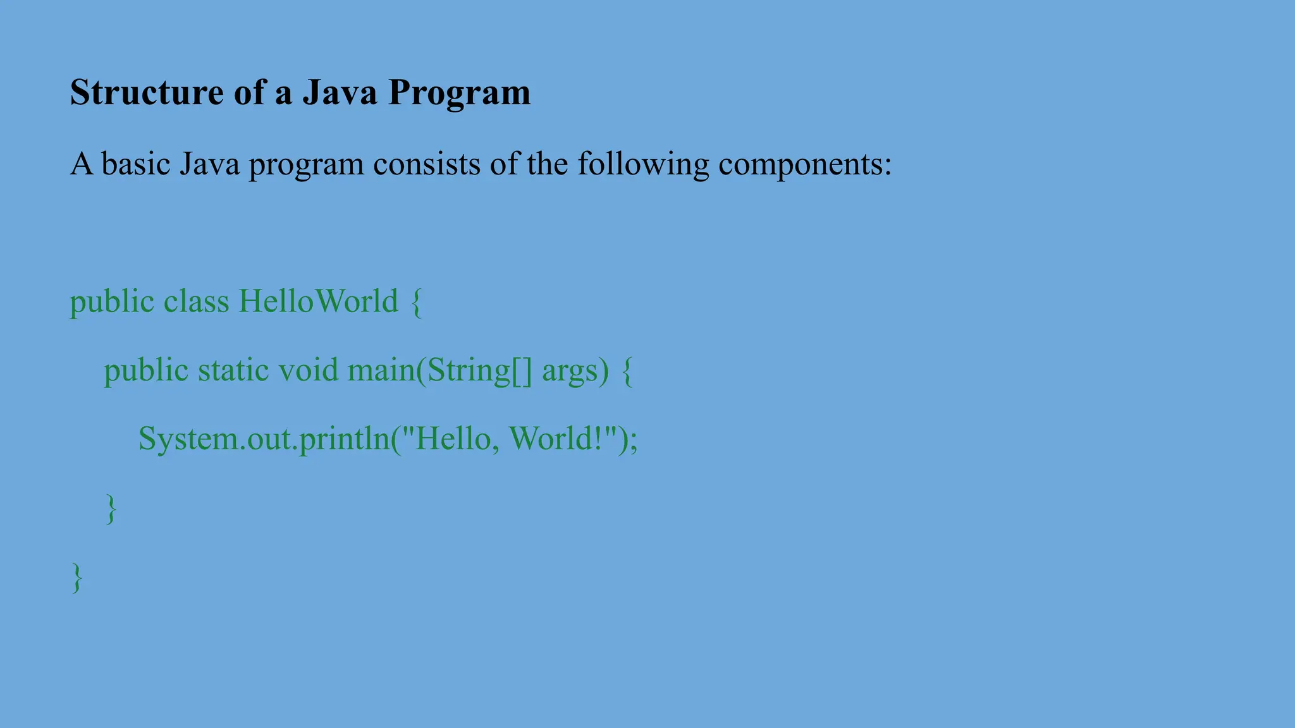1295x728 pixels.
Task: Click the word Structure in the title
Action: click(146, 92)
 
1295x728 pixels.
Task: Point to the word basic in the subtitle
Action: click(136, 164)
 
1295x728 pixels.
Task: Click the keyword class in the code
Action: click(196, 301)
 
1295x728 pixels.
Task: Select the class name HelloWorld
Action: click(318, 301)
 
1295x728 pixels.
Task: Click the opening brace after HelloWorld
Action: click(416, 302)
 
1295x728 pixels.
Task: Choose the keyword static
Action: click(233, 370)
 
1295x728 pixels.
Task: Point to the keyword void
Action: click(308, 370)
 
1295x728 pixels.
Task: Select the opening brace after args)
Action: click(627, 371)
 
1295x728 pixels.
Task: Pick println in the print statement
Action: click(345, 439)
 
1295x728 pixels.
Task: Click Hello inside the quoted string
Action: click(451, 439)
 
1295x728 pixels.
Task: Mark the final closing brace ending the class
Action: click(77, 578)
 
